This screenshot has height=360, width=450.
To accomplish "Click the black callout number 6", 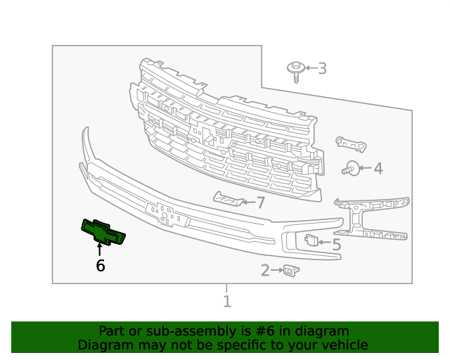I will coord(101,266).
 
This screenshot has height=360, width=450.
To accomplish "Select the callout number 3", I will coord(322,68).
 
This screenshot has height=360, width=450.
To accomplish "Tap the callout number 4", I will coord(378,168).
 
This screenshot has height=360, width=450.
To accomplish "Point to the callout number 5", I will coord(336,244).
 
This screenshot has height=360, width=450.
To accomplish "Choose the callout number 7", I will coord(260,203).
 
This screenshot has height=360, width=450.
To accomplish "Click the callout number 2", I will coord(265,270).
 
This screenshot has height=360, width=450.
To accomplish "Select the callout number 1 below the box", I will coord(226,302).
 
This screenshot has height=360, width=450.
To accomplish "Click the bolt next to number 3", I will coord(295,70).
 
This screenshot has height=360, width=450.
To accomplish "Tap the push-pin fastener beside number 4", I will coord(351,168).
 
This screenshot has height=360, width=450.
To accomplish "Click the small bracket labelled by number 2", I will coord(288,270).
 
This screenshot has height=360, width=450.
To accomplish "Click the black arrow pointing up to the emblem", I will coord(99,249).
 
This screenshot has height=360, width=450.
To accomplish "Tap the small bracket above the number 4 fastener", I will coord(351,143).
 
